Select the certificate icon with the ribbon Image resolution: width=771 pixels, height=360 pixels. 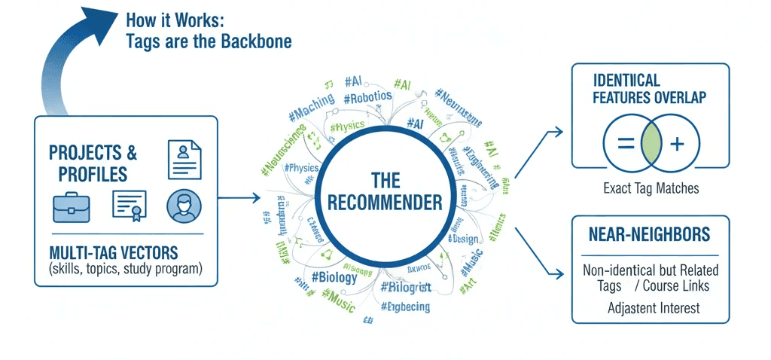coord(128,206)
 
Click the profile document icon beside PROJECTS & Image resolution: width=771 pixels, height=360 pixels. coord(184,157)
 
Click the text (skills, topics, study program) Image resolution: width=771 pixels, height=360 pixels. coord(125,268)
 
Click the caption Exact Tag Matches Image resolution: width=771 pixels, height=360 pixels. coord(651,188)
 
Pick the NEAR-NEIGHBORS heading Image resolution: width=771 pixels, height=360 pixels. coord(650,236)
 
